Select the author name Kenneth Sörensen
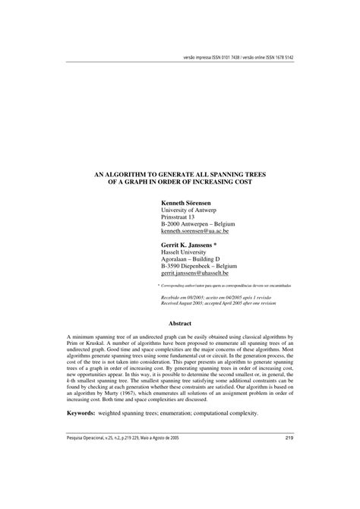(188, 183)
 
